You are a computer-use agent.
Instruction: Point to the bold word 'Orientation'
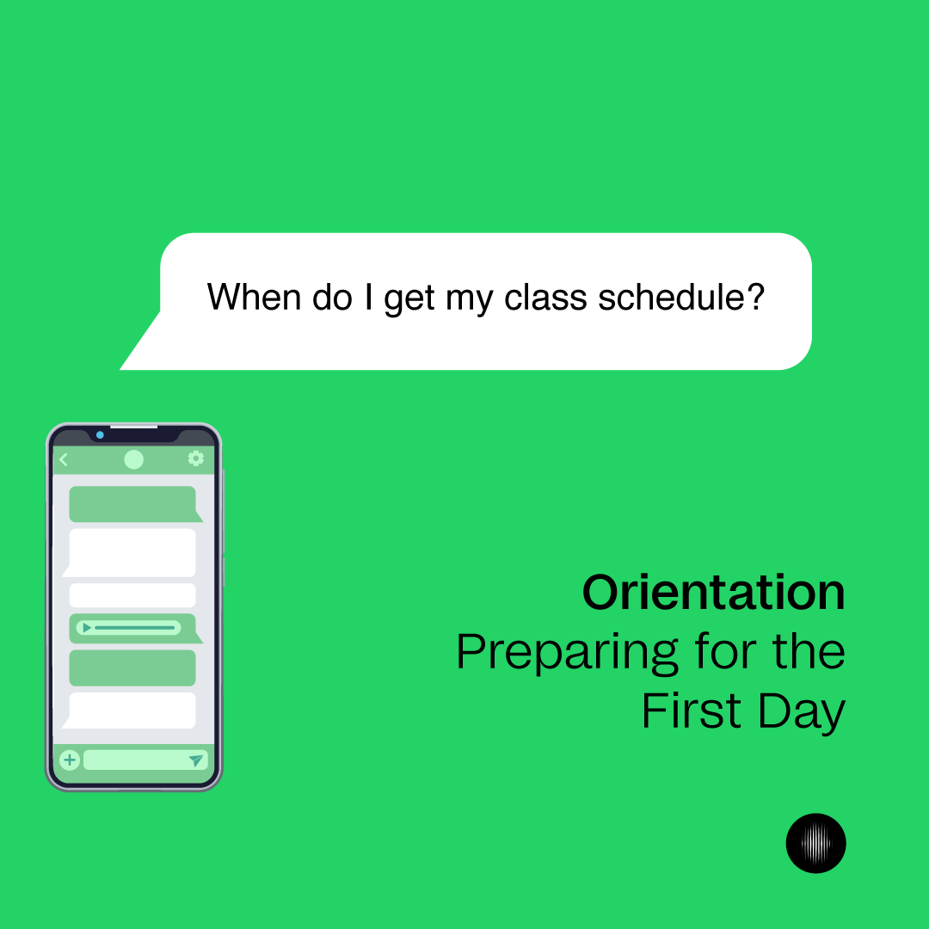click(x=713, y=593)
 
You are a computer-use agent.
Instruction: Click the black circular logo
click(x=815, y=843)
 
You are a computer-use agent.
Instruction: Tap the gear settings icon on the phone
click(x=196, y=458)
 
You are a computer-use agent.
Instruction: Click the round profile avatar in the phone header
click(x=133, y=459)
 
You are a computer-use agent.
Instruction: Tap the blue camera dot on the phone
click(x=100, y=435)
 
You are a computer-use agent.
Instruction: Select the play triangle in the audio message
click(x=86, y=628)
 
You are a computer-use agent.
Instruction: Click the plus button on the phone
click(x=70, y=760)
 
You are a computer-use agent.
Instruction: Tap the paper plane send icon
click(x=196, y=760)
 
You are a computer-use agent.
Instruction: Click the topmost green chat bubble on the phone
click(x=132, y=504)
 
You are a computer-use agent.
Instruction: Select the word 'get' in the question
click(x=409, y=299)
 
